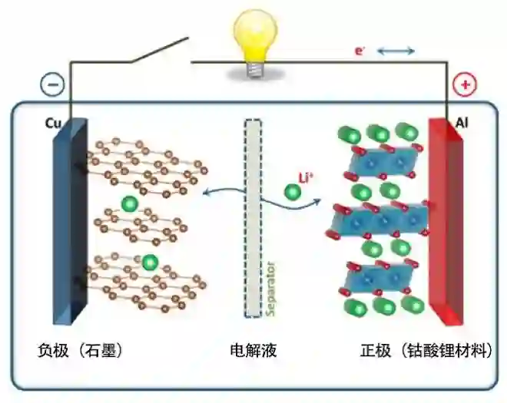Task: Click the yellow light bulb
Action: (x=253, y=41)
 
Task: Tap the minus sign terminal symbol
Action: (x=51, y=84)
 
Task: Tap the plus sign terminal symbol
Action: (x=465, y=84)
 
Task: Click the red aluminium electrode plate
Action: (x=446, y=223)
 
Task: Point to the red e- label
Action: (x=359, y=51)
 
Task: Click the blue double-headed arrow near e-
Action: (x=396, y=51)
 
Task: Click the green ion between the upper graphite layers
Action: (x=130, y=204)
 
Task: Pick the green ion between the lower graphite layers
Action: (x=149, y=261)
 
